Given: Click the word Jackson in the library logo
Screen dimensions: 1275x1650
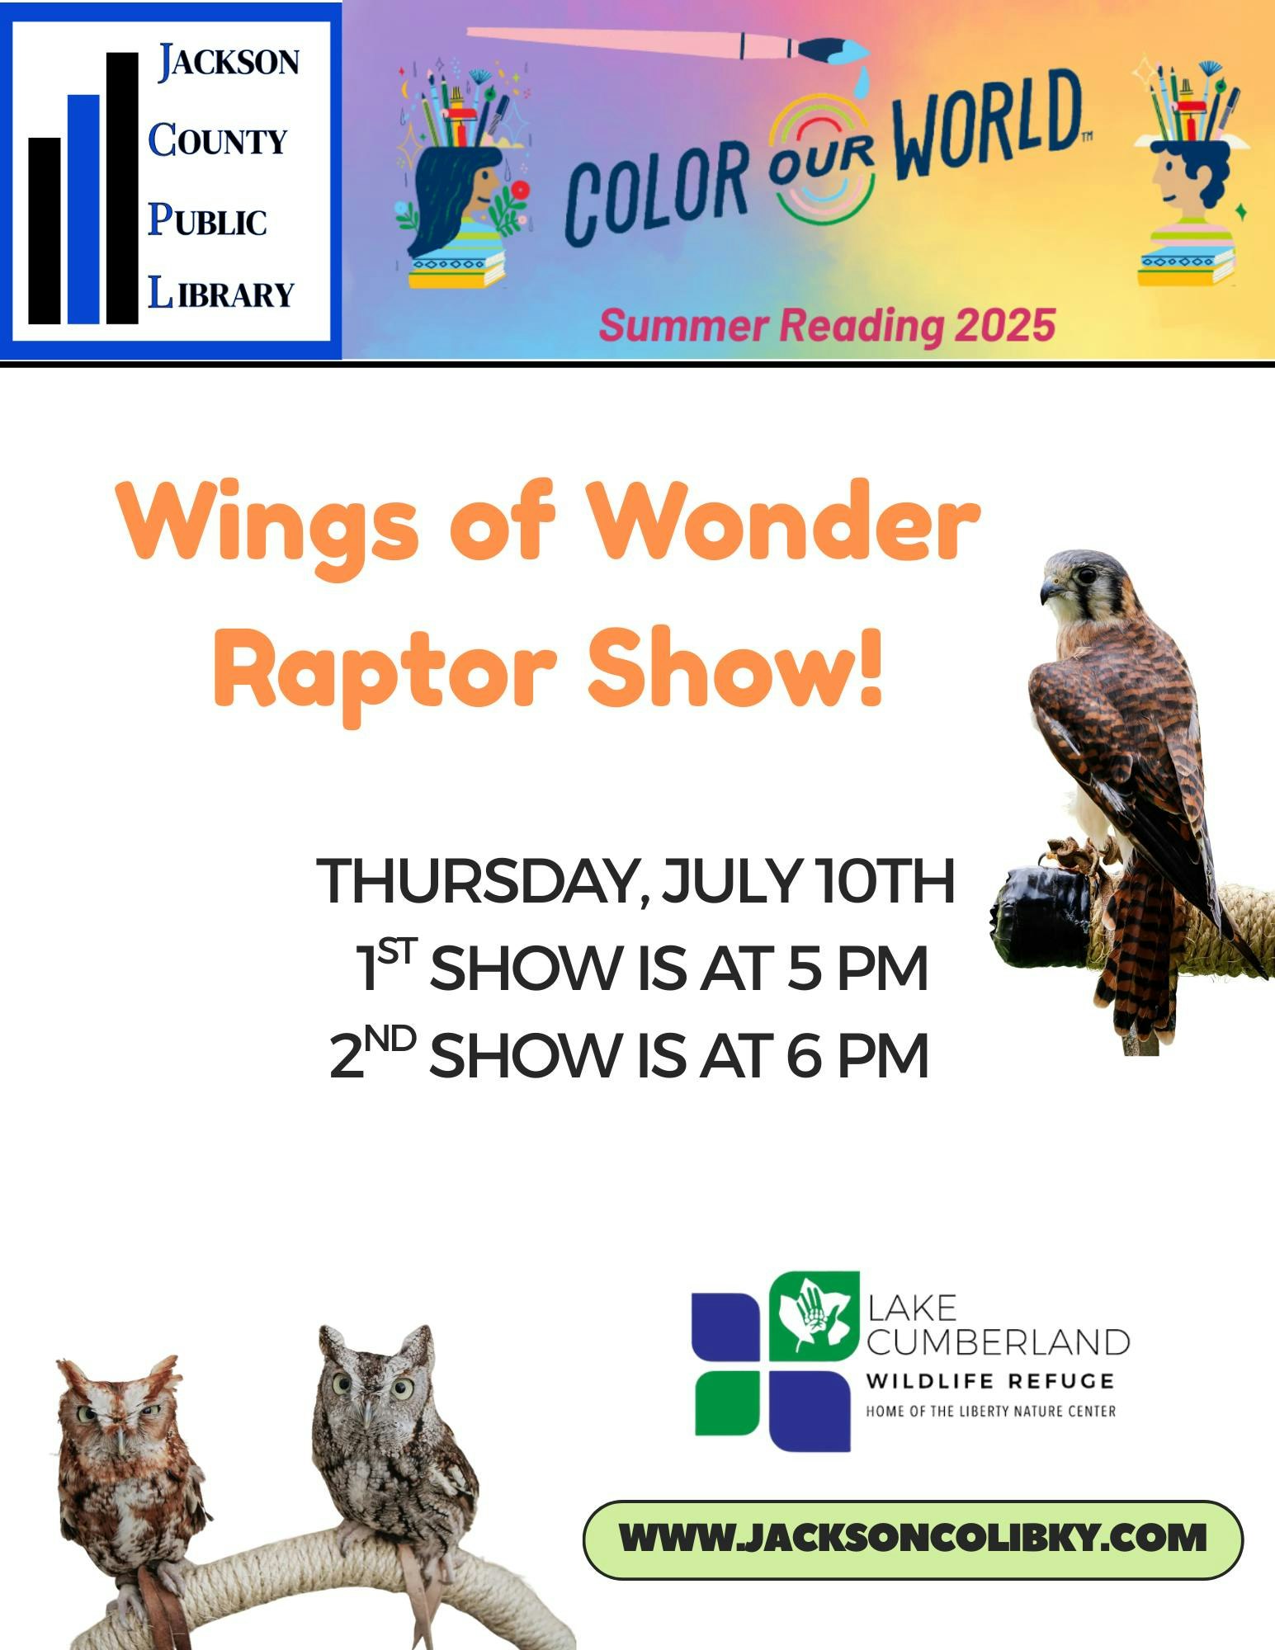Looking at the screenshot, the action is [229, 63].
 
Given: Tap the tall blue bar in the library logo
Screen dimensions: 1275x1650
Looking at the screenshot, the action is [83, 210].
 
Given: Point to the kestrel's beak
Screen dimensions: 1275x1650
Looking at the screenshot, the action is [1049, 589].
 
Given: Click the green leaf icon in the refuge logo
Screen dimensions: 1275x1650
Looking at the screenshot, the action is [814, 1316].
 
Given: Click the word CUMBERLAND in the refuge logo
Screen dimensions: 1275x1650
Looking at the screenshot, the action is [998, 1342].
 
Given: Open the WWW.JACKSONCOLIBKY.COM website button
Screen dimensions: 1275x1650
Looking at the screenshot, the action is [913, 1539].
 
